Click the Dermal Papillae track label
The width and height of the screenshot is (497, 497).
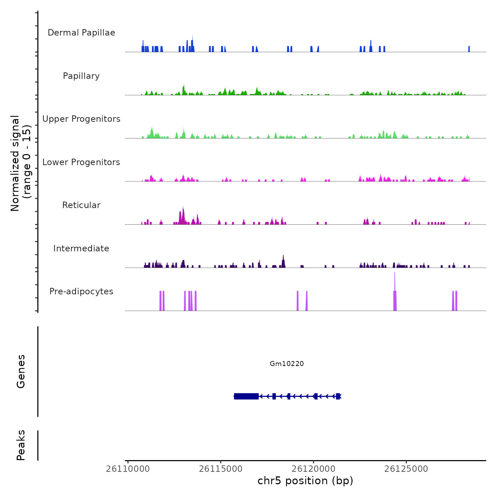(81, 33)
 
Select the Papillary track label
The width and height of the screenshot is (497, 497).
(81, 76)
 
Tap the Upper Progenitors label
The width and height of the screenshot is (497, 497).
(81, 119)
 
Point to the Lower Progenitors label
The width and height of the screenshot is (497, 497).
(81, 162)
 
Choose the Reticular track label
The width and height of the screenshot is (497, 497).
(81, 205)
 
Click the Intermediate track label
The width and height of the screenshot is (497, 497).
(81, 248)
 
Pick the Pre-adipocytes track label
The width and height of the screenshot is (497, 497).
(81, 291)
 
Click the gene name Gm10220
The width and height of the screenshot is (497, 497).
(287, 364)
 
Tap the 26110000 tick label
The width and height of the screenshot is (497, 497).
(128, 469)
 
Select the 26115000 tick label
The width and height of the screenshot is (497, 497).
(221, 469)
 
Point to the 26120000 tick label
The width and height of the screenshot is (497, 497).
(313, 469)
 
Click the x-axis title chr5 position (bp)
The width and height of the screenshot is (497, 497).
(305, 481)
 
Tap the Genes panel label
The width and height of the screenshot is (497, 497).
(21, 371)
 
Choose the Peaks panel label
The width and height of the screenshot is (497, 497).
(21, 445)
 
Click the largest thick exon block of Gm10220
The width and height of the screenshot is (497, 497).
(246, 396)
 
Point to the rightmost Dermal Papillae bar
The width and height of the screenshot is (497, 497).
(469, 49)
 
